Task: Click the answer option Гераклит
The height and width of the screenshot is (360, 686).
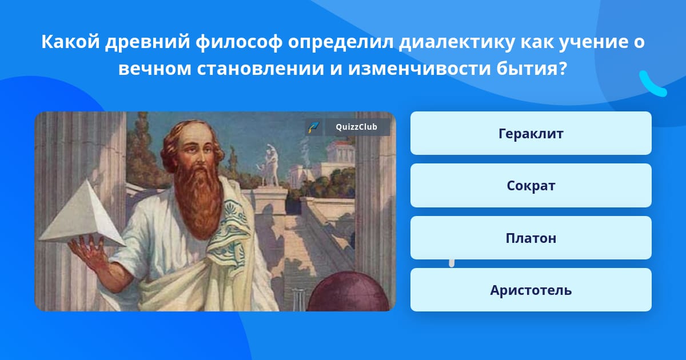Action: point(531,134)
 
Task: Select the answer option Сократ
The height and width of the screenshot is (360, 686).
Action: point(531,186)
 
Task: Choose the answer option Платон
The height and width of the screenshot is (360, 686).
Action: point(531,238)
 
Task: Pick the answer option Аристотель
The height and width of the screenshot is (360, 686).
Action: point(531,290)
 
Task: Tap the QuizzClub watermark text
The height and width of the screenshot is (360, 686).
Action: point(357,127)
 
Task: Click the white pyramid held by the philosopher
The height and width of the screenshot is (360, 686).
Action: point(80,214)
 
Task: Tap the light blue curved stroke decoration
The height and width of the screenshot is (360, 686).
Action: point(652,84)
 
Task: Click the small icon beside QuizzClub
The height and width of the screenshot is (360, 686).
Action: point(313,127)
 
